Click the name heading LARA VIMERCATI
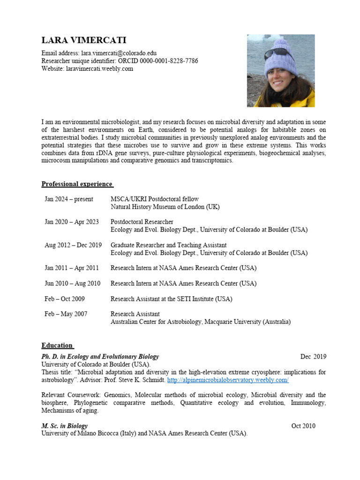click(x=84, y=41)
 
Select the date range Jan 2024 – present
click(x=69, y=199)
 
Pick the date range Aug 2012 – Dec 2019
click(x=73, y=245)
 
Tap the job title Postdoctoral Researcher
click(x=142, y=222)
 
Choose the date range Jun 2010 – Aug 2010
click(x=72, y=284)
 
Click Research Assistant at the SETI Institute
click(x=171, y=299)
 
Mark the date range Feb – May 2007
click(x=66, y=314)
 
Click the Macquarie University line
click(x=200, y=322)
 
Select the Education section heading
click(x=57, y=345)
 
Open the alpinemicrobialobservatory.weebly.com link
click(x=228, y=380)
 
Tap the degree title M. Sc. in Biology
click(x=65, y=426)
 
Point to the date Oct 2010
click(x=303, y=426)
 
